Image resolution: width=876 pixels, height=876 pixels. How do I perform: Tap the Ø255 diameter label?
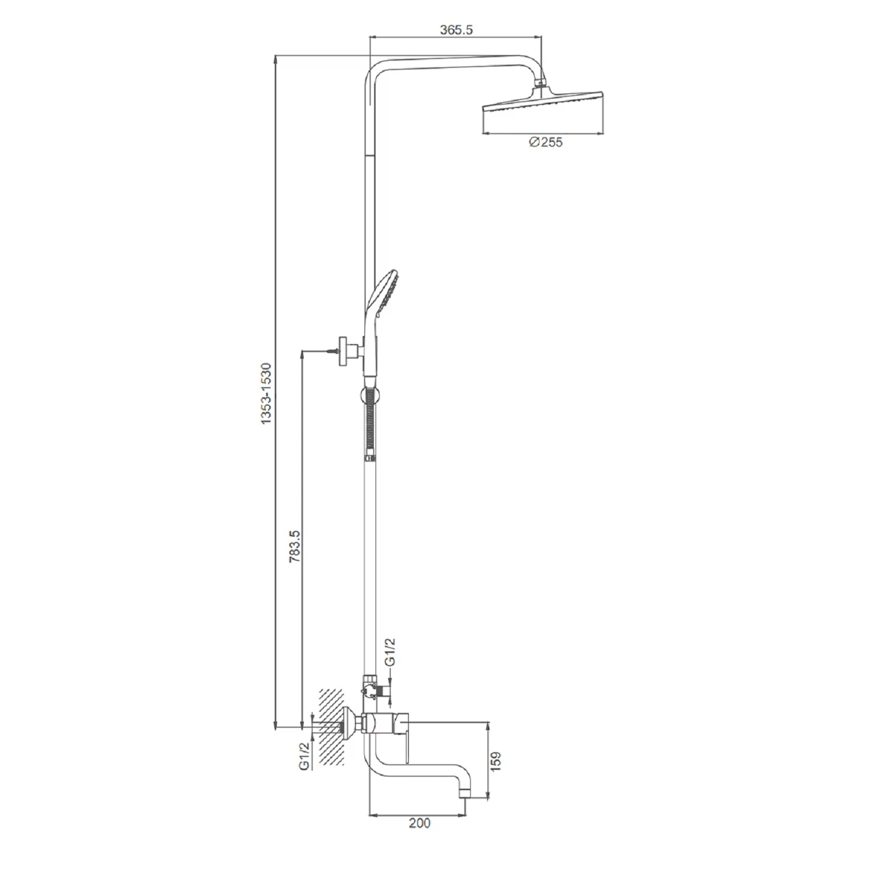[545, 142]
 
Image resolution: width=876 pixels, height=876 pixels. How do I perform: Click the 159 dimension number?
[496, 761]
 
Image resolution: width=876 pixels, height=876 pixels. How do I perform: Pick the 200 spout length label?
[419, 823]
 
